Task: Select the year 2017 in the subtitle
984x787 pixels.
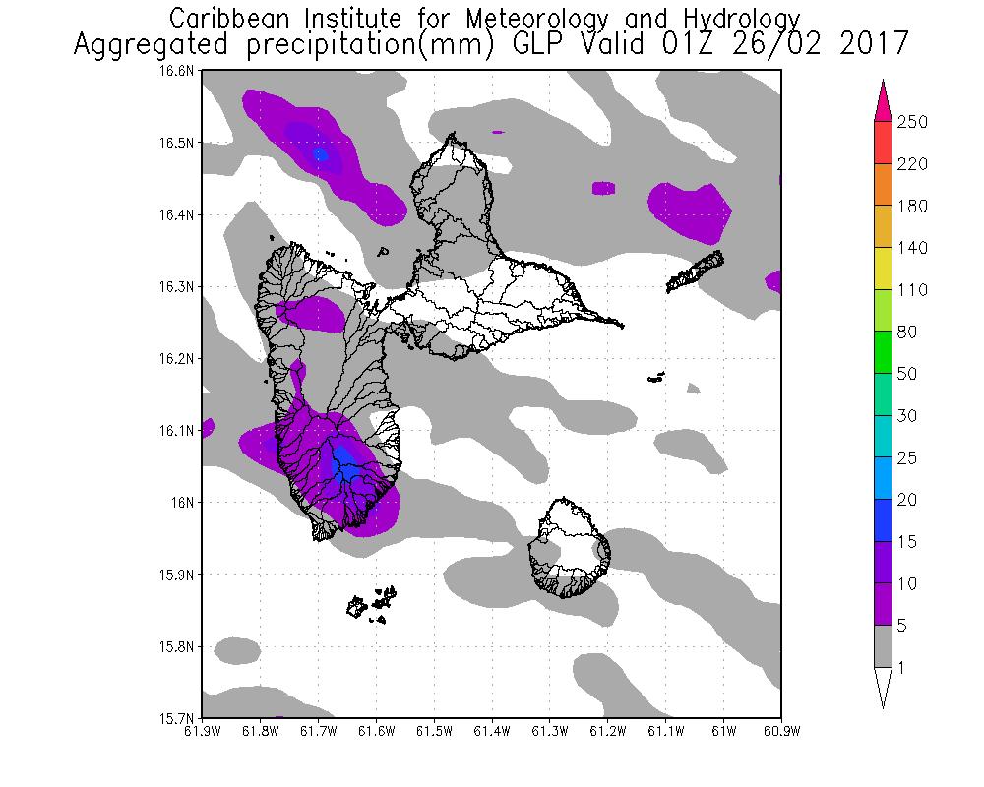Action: tap(872, 45)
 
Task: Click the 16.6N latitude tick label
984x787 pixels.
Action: tap(181, 71)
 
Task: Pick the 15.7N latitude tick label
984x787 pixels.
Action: tap(181, 717)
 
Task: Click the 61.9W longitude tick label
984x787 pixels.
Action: tap(202, 731)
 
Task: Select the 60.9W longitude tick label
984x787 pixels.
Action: tap(781, 731)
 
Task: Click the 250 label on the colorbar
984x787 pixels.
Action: tap(914, 122)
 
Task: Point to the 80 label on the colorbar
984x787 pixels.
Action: tap(907, 333)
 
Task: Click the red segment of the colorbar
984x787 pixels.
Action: tap(883, 143)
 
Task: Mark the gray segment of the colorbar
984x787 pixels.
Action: tap(883, 647)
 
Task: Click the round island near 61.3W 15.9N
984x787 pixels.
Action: tap(569, 549)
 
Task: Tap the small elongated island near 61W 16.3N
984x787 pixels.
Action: tap(696, 272)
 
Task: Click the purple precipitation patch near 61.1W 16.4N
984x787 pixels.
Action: tap(691, 211)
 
